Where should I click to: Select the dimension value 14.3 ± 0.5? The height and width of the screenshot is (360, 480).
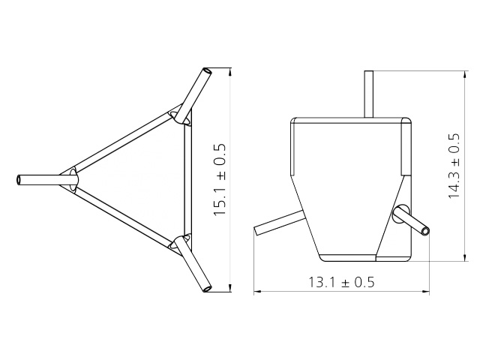tap(454, 166)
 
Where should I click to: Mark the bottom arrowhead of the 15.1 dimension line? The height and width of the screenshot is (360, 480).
tap(229, 286)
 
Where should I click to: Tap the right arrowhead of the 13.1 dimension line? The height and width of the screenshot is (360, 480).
tap(429, 292)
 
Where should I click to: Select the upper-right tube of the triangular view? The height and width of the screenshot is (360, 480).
tap(196, 90)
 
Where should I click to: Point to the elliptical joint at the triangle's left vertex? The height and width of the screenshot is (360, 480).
tap(73, 180)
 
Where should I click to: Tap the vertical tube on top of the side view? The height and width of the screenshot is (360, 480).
tap(368, 94)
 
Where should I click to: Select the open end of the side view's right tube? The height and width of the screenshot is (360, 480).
tap(426, 229)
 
